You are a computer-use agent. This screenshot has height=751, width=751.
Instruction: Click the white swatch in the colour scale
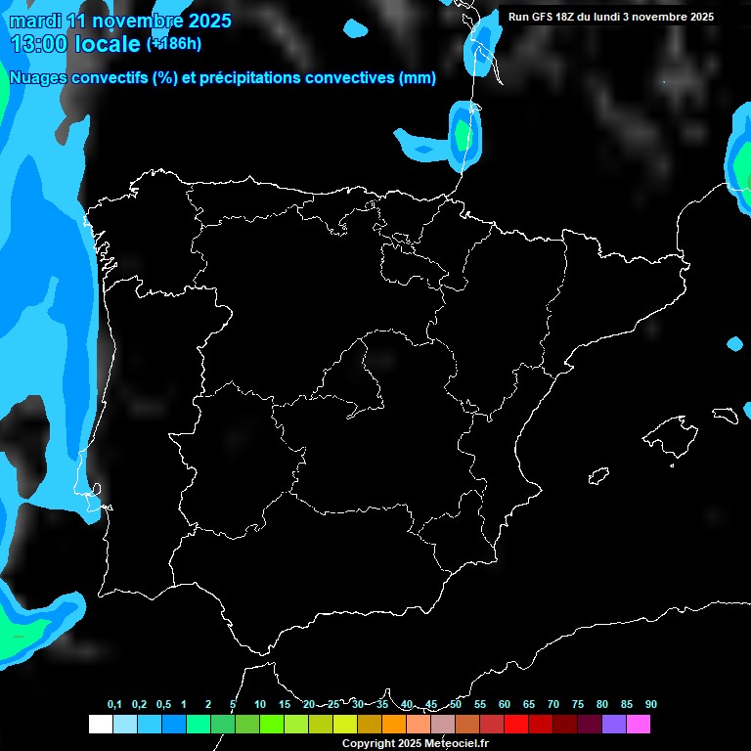tap(100, 724)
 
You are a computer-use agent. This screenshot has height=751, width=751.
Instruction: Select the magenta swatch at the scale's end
tap(638, 724)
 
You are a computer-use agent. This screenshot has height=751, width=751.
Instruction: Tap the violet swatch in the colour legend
tap(613, 724)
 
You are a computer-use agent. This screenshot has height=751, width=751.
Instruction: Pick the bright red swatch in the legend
tap(515, 724)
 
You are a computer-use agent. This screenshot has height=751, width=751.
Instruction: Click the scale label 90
tap(651, 705)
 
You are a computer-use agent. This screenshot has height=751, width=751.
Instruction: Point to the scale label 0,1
tap(114, 705)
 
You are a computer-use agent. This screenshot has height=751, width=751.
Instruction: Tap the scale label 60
tap(505, 705)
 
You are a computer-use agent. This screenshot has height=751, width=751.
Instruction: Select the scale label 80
tap(602, 705)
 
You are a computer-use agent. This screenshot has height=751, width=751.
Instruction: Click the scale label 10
tap(260, 705)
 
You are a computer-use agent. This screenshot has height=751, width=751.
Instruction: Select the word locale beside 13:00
tap(108, 44)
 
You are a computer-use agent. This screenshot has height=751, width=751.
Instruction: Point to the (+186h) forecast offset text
tap(174, 44)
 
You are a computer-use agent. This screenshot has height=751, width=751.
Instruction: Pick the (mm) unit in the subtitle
tap(418, 78)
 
